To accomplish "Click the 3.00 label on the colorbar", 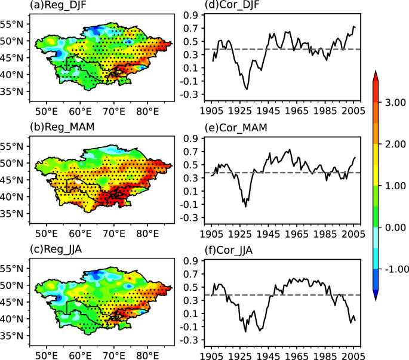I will click(x=393, y=103).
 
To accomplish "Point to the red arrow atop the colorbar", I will click(x=376, y=75).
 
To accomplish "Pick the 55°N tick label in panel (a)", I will click(x=13, y=24).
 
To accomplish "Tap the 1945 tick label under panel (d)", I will click(x=265, y=112).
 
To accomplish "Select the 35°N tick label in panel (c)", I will click(x=13, y=336).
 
